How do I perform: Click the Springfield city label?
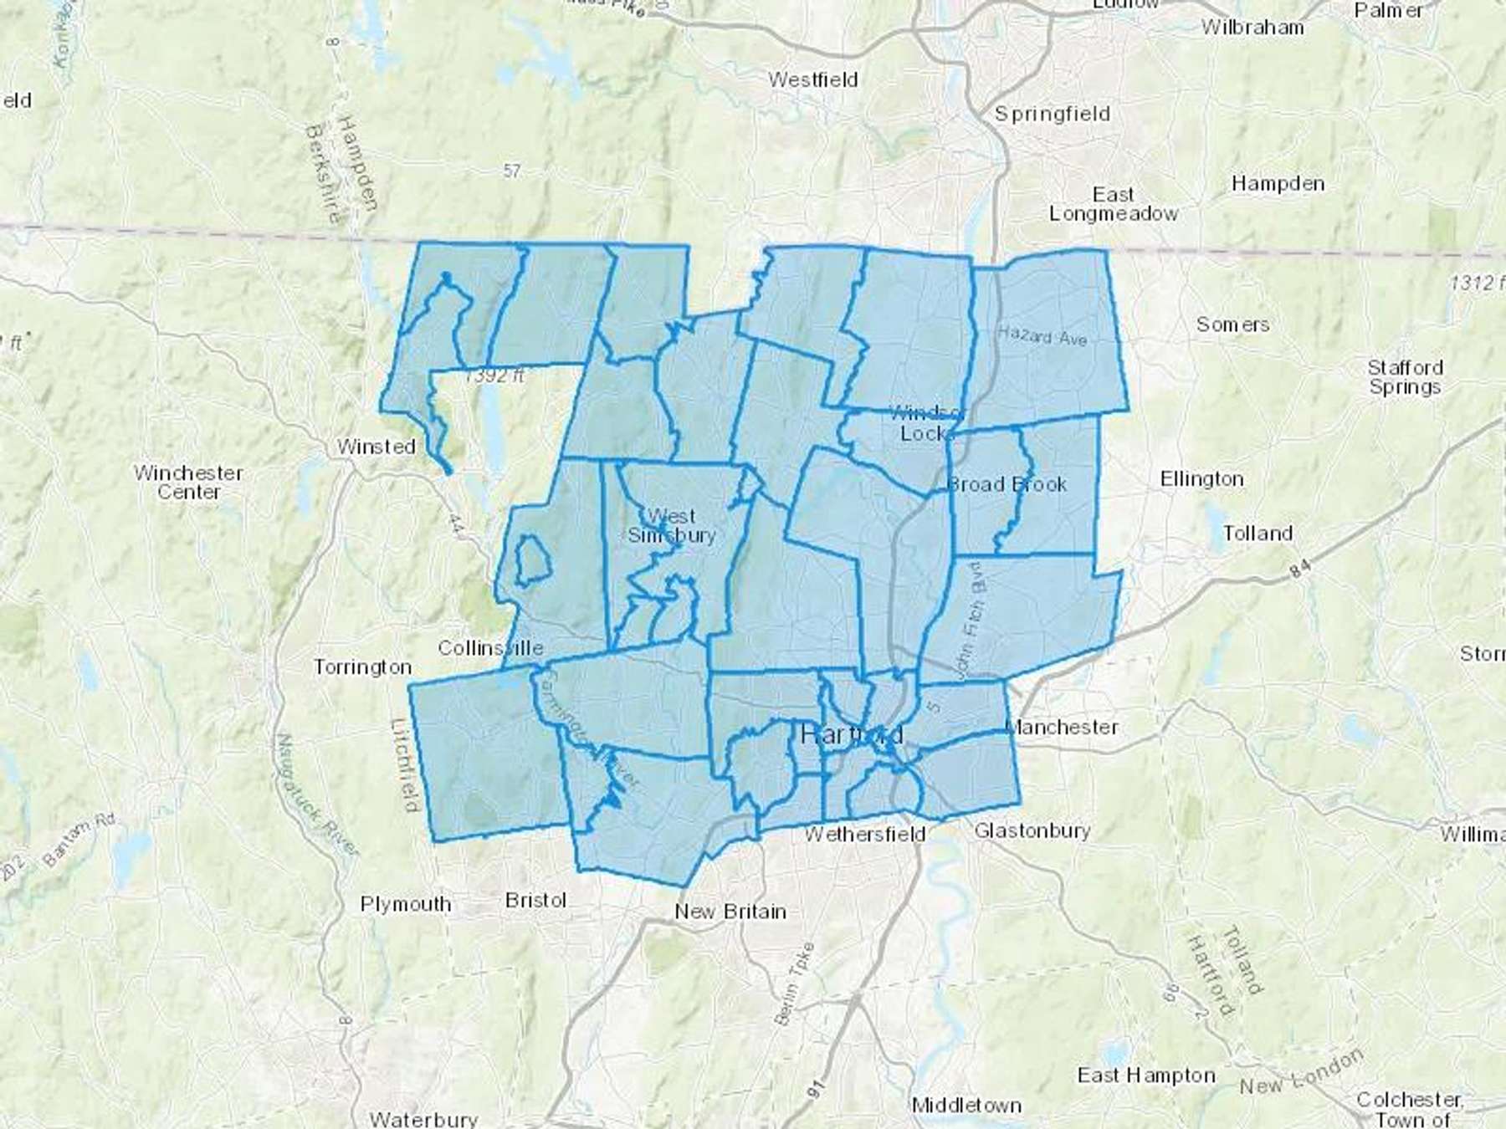click(1052, 114)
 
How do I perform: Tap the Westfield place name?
click(813, 80)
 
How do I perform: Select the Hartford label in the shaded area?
click(852, 735)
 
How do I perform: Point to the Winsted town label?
click(376, 447)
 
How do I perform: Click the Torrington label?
click(362, 667)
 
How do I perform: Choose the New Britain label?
click(730, 912)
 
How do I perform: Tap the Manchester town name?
click(1062, 727)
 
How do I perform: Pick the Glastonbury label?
click(1032, 830)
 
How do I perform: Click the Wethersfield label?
click(865, 834)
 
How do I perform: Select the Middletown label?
click(966, 1106)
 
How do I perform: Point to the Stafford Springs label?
click(1406, 377)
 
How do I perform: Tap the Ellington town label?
click(1201, 479)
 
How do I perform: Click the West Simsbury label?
click(671, 526)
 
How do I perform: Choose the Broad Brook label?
click(1007, 484)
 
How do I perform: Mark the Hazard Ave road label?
click(1042, 336)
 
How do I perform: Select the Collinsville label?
click(490, 648)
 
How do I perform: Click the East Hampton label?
click(1145, 1075)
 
